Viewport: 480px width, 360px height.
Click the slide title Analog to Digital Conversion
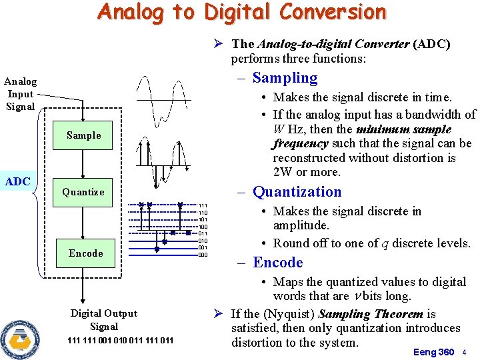tap(241, 12)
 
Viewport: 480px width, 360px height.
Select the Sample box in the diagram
tap(84, 135)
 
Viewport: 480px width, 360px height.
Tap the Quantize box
tap(83, 192)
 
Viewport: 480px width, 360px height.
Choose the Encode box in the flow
tap(85, 253)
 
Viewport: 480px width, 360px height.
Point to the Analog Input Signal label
tap(20, 94)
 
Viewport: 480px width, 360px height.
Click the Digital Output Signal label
tap(104, 320)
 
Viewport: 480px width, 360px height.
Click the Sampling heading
tap(285, 78)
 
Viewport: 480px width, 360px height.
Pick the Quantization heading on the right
tap(297, 192)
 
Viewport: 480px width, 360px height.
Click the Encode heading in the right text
tap(277, 263)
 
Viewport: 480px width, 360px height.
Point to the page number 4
tap(465, 352)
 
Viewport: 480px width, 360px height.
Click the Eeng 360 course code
tap(433, 352)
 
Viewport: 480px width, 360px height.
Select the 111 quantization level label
tap(203, 206)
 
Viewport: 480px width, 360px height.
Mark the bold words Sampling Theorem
tap(371, 314)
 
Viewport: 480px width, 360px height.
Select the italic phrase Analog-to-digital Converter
tap(333, 44)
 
